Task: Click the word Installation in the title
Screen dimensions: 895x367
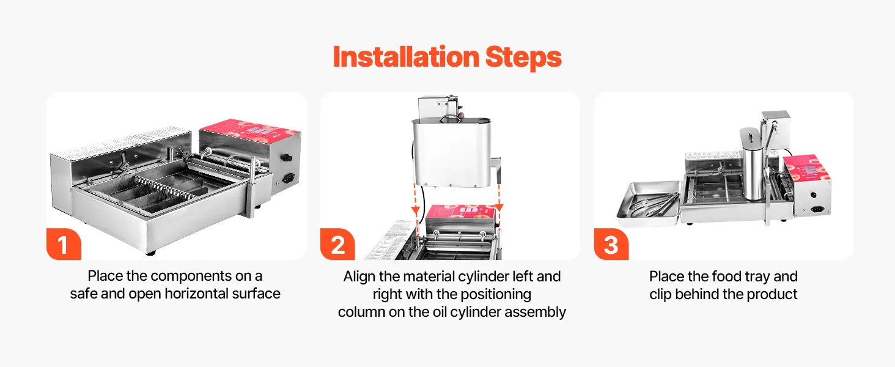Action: tap(406, 57)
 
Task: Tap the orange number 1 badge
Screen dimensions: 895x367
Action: tap(64, 244)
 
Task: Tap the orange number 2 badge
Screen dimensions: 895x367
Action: tap(337, 244)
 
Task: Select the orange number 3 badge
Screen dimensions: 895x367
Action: tap(611, 244)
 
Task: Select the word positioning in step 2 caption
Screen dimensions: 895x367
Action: tap(494, 295)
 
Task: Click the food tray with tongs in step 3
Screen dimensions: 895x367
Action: tap(648, 204)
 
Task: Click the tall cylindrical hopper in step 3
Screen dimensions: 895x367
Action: tap(753, 163)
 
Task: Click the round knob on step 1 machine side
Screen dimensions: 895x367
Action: tap(287, 158)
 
